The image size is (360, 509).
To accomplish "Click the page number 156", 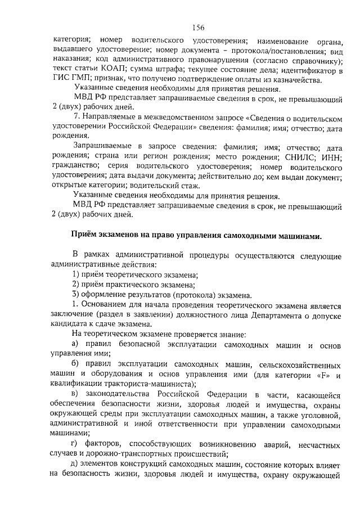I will coord(197,28).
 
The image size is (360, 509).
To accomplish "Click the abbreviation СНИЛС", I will coord(299,157).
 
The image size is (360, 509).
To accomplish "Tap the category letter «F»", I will coord(321,375).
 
